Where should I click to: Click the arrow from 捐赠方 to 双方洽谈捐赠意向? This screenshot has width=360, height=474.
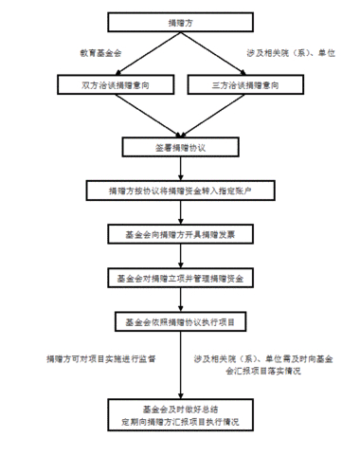tap(133, 51)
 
